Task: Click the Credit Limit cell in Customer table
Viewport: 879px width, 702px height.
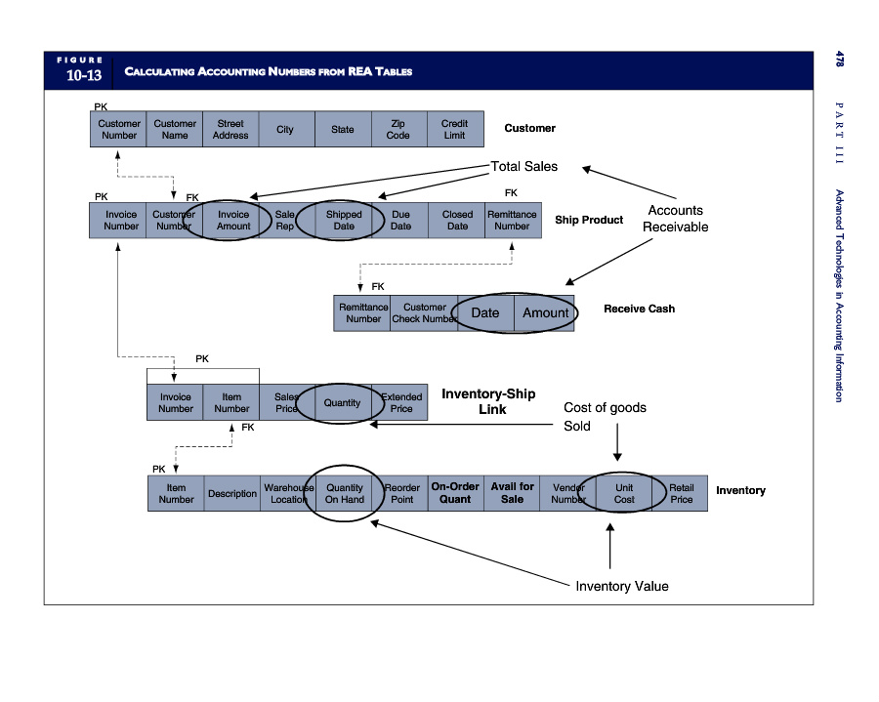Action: click(x=454, y=130)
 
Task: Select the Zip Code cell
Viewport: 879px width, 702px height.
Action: click(x=398, y=130)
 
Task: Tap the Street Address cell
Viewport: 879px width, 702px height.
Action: click(x=230, y=130)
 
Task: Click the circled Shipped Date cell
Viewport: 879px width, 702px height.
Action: click(x=344, y=221)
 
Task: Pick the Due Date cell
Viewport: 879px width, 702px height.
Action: click(x=400, y=221)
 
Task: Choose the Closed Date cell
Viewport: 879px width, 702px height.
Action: click(x=457, y=221)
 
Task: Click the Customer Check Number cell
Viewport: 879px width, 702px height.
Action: click(x=424, y=313)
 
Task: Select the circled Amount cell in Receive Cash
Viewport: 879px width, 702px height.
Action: click(x=545, y=313)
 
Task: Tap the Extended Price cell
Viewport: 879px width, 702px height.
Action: click(x=401, y=403)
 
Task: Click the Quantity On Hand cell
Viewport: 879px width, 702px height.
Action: click(x=345, y=494)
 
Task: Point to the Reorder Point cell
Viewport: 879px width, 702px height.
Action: click(x=401, y=494)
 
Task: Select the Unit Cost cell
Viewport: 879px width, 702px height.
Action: click(x=624, y=494)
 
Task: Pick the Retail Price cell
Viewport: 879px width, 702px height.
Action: click(x=681, y=494)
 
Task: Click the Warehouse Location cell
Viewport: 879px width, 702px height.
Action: click(x=289, y=494)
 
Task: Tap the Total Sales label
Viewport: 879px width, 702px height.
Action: click(x=524, y=167)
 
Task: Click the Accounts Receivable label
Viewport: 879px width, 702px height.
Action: click(x=675, y=219)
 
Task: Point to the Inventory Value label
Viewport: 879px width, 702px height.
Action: click(x=622, y=587)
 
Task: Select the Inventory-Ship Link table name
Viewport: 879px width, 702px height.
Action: click(x=488, y=401)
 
